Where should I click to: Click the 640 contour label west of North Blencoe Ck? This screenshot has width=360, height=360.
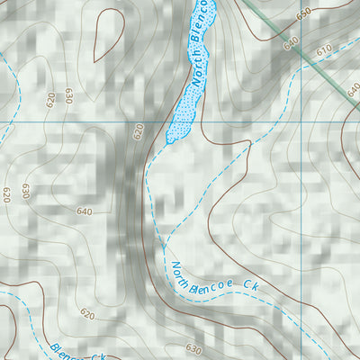click(85, 211)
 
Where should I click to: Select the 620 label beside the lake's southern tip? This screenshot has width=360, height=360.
click(139, 132)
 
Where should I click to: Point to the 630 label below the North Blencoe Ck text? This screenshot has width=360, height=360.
click(193, 348)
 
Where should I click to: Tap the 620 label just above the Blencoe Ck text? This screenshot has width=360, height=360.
click(87, 314)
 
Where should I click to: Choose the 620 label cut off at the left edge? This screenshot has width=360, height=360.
click(5, 193)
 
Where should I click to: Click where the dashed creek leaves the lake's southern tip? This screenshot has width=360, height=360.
click(167, 142)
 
